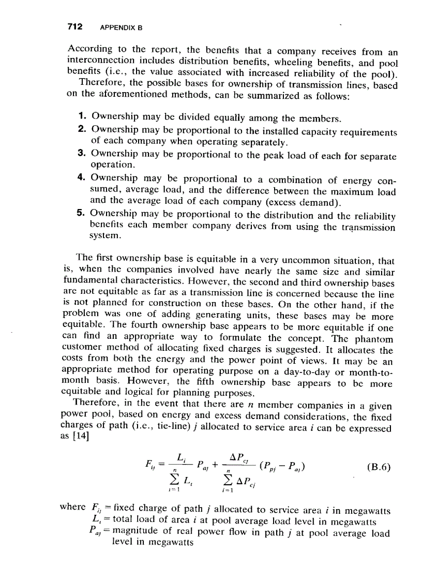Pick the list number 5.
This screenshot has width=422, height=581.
(x=82, y=213)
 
